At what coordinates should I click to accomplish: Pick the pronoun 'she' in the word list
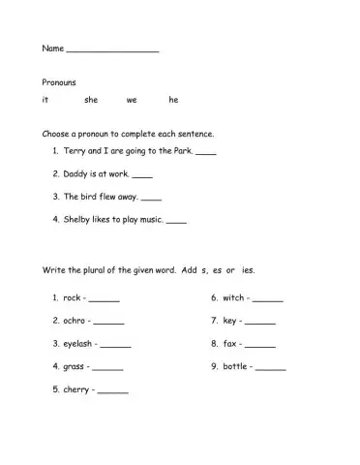[91, 100]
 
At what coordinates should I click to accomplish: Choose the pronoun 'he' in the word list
[173, 100]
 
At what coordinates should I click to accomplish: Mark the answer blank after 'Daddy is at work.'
[142, 176]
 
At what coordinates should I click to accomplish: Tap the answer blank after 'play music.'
[176, 222]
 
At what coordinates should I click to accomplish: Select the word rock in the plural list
[72, 297]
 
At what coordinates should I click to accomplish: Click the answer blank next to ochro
[109, 322]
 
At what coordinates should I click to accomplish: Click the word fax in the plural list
[230, 344]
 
